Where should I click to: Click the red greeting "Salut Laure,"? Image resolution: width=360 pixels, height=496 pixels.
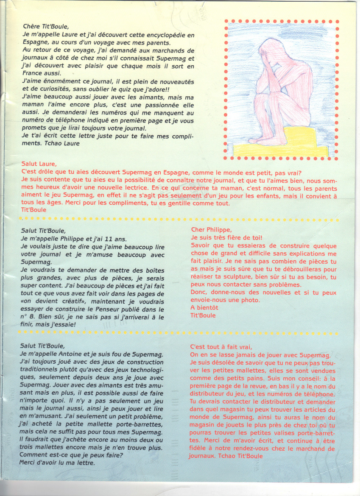coord(39,164)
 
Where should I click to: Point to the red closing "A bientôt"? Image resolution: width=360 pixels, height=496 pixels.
coord(204,308)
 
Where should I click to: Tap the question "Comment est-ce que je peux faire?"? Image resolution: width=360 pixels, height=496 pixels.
coord(71,454)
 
